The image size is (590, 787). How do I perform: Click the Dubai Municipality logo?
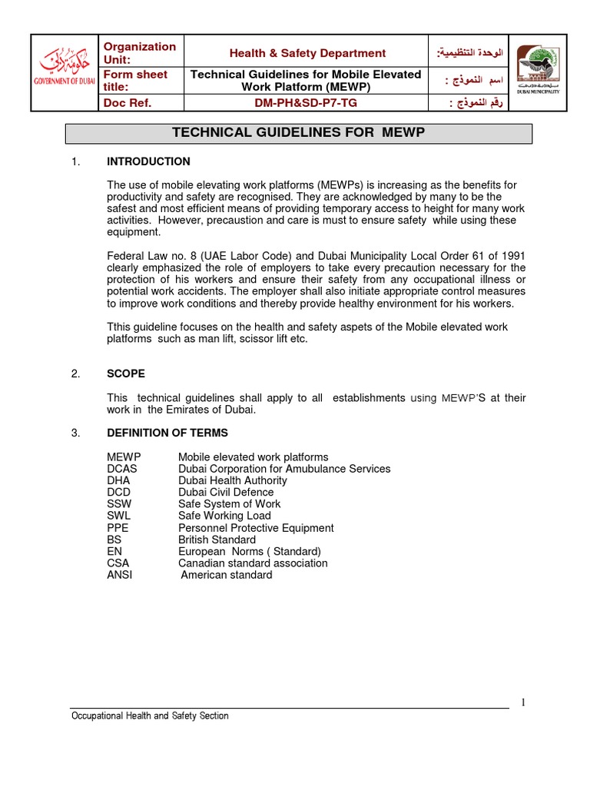pos(537,70)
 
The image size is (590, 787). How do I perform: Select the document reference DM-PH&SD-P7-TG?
pos(305,103)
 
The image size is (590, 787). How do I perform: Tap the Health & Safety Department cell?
pos(307,53)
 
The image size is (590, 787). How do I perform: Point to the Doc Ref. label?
pos(128,103)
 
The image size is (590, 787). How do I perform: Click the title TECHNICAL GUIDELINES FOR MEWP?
pos(298,133)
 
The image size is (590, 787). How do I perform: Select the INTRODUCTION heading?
pos(148,161)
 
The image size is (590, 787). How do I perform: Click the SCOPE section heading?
pos(126,374)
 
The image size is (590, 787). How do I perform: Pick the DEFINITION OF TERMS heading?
pos(167,433)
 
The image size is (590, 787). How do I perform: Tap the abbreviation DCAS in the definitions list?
pos(121,469)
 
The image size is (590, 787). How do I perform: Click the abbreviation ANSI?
pos(119,575)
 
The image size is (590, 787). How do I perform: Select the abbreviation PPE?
pos(118,528)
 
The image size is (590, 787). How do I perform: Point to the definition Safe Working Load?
pos(224,516)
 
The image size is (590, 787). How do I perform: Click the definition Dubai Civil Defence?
pos(226,492)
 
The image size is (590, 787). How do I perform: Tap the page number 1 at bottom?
pos(523,702)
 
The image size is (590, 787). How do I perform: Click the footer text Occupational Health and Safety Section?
pos(150,716)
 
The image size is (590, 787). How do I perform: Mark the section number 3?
pos(75,433)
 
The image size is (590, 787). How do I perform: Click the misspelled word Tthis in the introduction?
pos(120,327)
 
